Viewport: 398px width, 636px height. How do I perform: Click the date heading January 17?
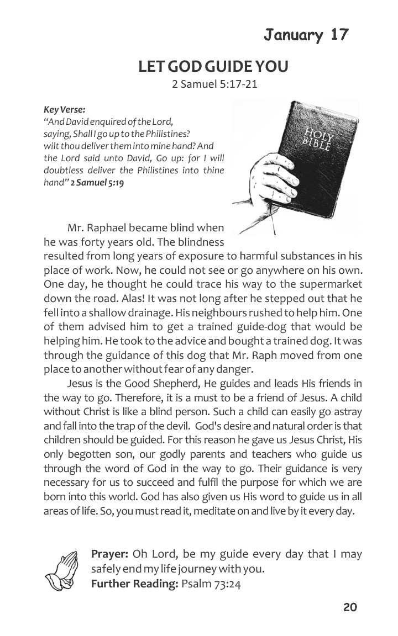pos(306,35)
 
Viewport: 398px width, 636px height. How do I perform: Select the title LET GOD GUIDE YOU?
pos(213,67)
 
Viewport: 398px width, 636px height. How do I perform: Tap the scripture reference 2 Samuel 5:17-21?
pos(214,85)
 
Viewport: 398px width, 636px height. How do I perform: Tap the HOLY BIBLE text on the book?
pos(317,140)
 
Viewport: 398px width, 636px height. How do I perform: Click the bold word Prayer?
pos(110,554)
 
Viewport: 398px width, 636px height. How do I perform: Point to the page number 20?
pos(350,607)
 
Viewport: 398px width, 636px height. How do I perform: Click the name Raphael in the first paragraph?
pos(112,227)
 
